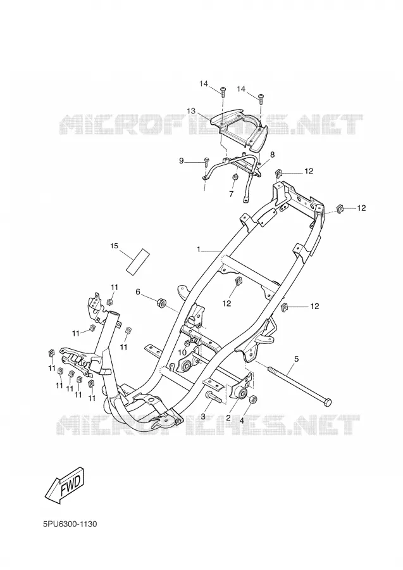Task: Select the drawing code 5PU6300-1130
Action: (x=70, y=524)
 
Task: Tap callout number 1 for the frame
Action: (x=199, y=249)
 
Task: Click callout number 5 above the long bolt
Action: (x=296, y=359)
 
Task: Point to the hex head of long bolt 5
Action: (x=326, y=402)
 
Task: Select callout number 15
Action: (x=114, y=246)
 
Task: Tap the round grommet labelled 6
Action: (x=161, y=302)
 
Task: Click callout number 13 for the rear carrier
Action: (x=191, y=110)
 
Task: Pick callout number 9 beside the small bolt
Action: (x=181, y=160)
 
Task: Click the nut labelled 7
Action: (x=233, y=177)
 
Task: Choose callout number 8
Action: (x=272, y=155)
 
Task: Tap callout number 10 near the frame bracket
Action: (x=183, y=352)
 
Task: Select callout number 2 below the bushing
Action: (x=228, y=418)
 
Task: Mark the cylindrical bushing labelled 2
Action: (x=240, y=393)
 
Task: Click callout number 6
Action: (x=137, y=291)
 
